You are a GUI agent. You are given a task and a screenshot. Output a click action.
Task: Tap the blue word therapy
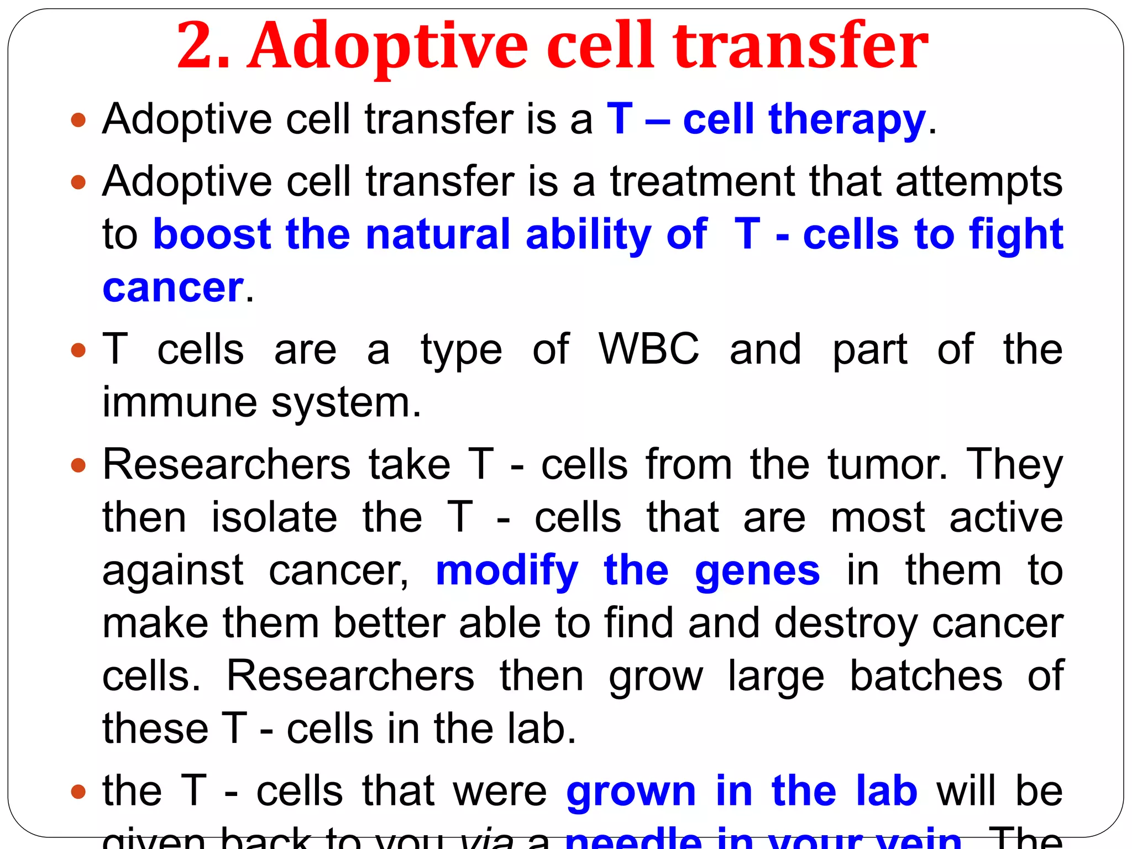coord(847,119)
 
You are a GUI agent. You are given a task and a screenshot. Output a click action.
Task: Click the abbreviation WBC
coord(649,349)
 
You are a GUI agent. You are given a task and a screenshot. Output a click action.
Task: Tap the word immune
coord(180,402)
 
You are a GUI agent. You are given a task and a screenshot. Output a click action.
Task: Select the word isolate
coord(274,517)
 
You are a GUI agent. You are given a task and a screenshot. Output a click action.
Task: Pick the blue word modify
coord(507,572)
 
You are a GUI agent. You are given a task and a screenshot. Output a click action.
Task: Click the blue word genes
coord(757,572)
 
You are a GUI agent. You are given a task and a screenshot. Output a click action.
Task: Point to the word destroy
coord(846,623)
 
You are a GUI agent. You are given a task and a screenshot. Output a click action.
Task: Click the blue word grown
coord(631,792)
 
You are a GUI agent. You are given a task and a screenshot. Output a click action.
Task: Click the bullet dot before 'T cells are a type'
coord(79,350)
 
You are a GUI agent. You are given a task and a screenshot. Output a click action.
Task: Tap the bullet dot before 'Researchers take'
coord(79,465)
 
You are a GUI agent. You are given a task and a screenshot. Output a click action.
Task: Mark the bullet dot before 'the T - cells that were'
coord(79,792)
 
